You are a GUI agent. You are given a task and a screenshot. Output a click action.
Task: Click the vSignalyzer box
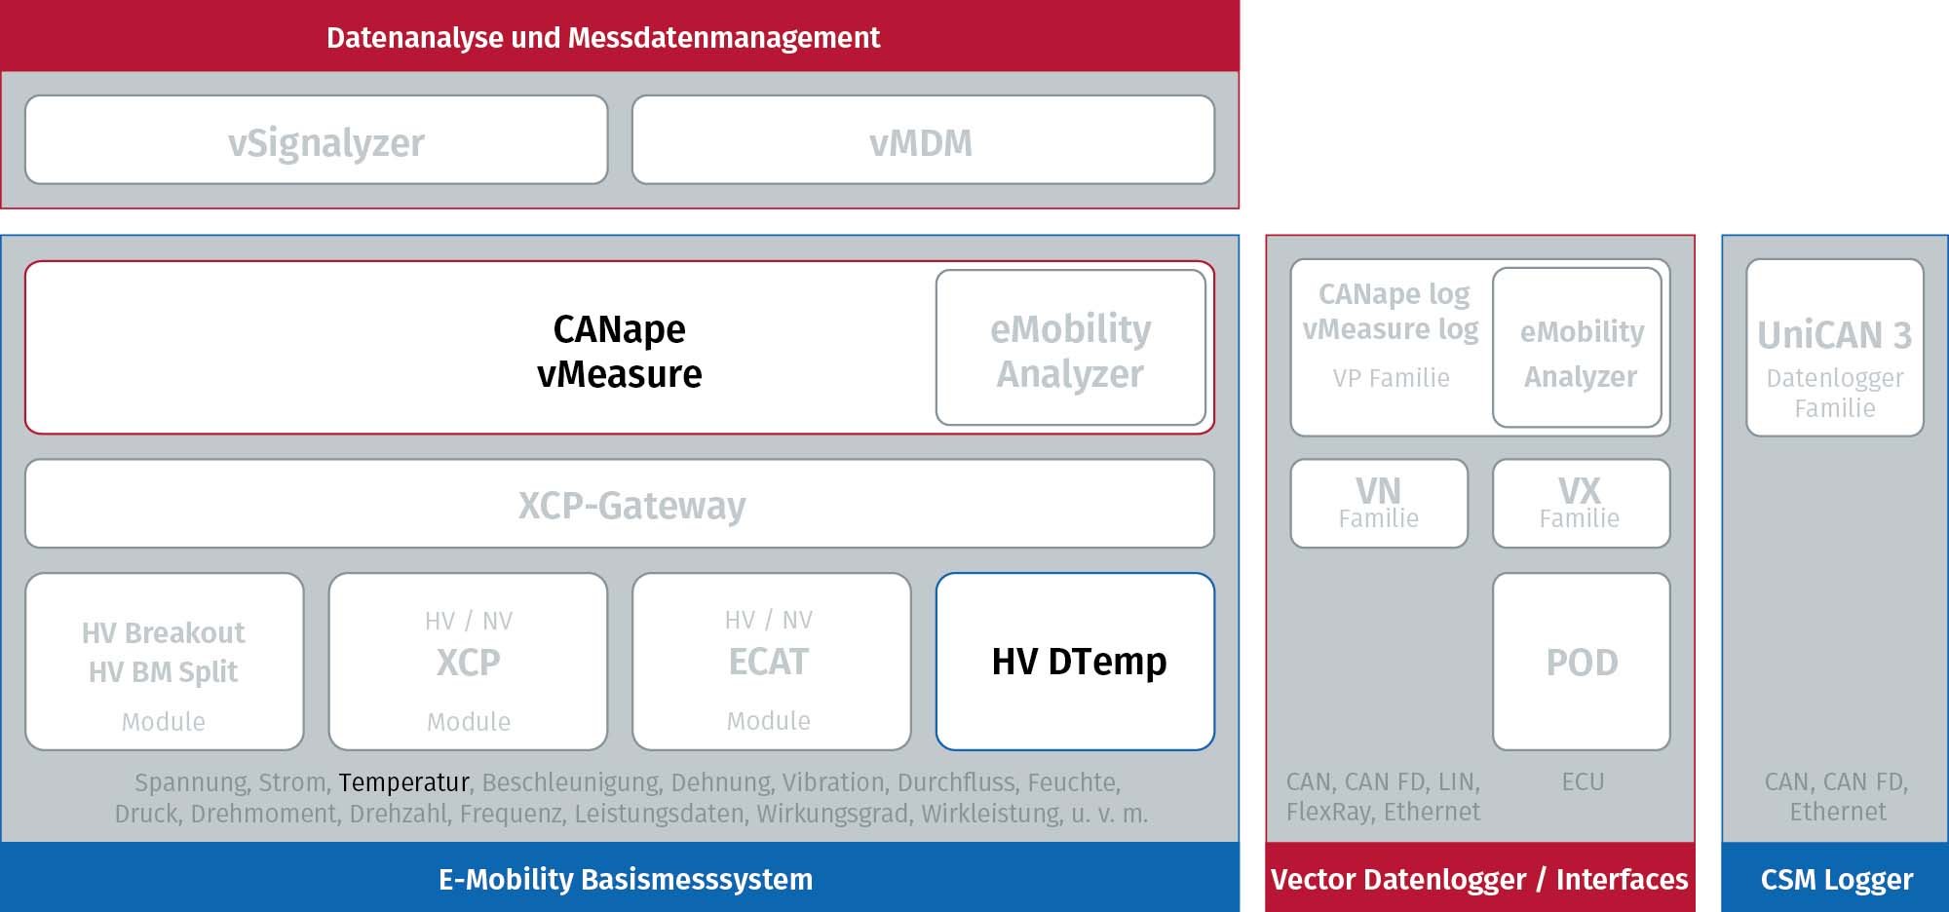(317, 139)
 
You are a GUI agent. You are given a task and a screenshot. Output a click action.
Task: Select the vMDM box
(923, 139)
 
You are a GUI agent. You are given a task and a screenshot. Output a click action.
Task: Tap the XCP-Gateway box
(620, 504)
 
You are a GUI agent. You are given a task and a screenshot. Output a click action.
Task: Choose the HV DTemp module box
(1075, 662)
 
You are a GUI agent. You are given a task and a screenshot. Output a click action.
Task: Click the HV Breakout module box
(165, 662)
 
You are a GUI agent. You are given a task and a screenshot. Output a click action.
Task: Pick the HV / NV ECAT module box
(772, 662)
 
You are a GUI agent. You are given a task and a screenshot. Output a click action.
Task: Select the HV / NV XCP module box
(468, 662)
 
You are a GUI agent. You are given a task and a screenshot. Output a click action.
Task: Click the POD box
(1582, 662)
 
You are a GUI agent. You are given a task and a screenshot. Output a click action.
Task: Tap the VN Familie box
(1379, 504)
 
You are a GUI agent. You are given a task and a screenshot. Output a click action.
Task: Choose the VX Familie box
(1582, 504)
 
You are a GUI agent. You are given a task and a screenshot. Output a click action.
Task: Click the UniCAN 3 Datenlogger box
(1835, 347)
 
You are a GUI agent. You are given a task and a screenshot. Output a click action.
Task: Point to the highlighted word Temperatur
(403, 782)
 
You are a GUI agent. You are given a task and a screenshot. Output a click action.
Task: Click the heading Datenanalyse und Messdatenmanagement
(603, 37)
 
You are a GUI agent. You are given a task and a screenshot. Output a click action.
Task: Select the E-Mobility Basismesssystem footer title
(625, 879)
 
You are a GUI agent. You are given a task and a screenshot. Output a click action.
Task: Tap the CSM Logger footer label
(1837, 879)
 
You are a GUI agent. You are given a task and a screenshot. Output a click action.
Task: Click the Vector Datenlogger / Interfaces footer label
(1479, 879)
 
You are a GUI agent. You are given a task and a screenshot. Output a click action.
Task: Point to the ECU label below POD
(1583, 781)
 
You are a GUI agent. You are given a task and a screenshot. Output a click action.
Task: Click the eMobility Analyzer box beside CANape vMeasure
(1071, 348)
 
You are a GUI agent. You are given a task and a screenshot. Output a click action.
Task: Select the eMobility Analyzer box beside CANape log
(1578, 348)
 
